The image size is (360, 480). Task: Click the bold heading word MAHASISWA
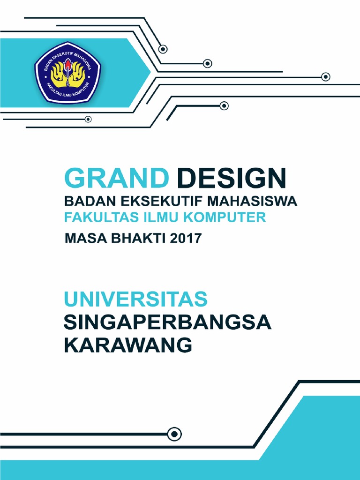coord(252,202)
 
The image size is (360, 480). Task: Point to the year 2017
coord(186,239)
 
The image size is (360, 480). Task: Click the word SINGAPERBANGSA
coord(167,323)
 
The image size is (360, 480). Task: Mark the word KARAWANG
coord(128,346)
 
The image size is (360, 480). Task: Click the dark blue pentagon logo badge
coord(68,73)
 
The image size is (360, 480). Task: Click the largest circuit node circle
coord(174,434)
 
